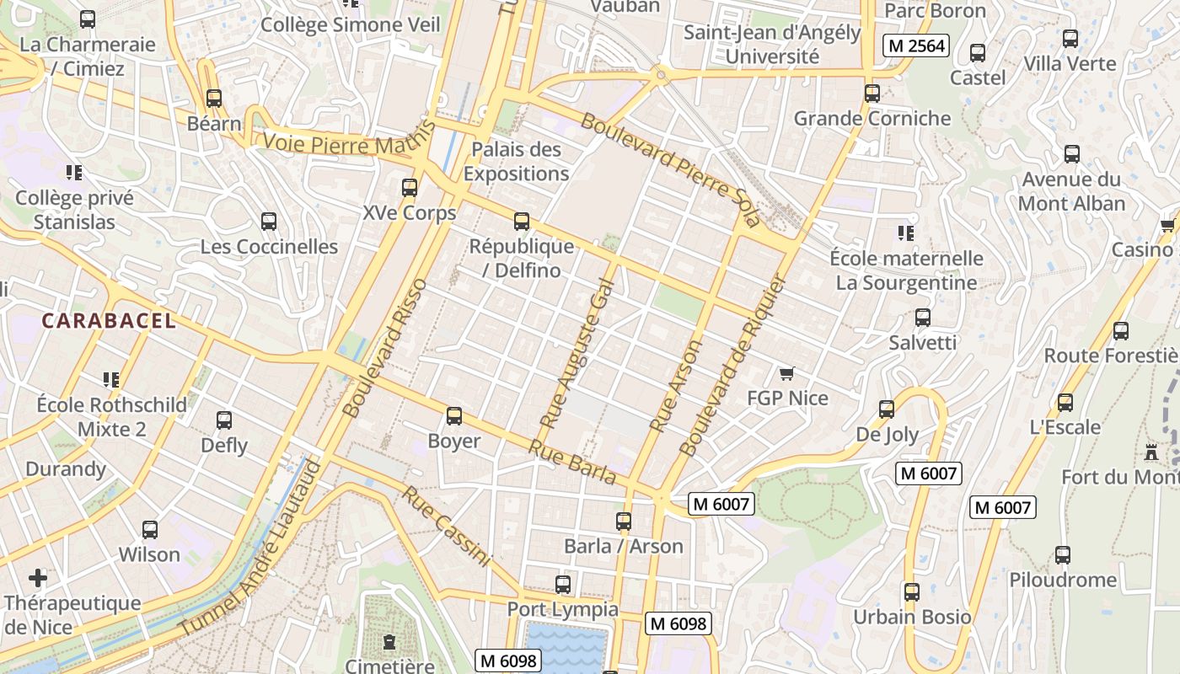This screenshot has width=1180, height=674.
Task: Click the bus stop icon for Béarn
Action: click(214, 99)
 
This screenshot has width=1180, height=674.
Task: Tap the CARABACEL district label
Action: click(109, 320)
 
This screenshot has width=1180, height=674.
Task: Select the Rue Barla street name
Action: click(572, 463)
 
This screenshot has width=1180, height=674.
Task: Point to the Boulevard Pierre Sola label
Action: click(670, 170)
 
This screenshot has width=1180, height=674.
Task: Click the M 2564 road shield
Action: click(916, 45)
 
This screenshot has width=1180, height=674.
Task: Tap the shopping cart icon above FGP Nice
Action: click(787, 373)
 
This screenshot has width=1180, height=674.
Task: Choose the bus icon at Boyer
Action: click(454, 416)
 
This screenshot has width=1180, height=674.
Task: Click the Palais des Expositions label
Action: click(516, 162)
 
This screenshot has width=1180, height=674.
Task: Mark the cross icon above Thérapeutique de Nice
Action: click(38, 578)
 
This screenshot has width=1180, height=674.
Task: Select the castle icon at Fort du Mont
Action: click(1150, 452)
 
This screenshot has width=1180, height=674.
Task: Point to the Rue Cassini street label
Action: click(446, 526)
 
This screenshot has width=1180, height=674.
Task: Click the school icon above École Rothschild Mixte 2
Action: click(111, 380)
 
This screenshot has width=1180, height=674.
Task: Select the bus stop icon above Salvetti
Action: click(923, 318)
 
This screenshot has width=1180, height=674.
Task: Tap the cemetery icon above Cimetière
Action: click(389, 643)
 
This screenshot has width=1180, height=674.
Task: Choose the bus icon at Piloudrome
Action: click(1063, 555)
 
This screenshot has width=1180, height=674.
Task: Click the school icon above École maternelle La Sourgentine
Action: click(906, 233)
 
